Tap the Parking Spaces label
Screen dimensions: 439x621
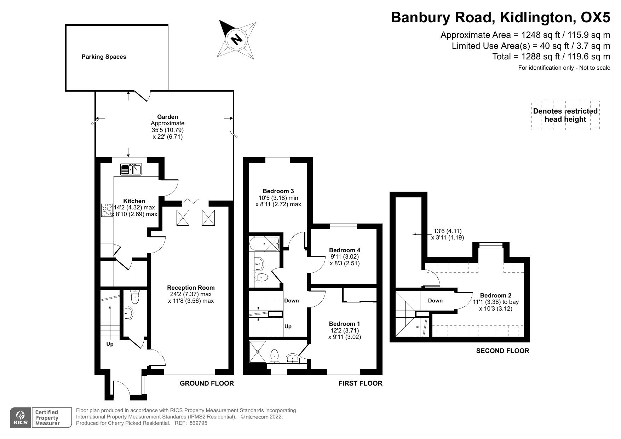tap(104, 57)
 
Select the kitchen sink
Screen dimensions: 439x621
tap(131, 169)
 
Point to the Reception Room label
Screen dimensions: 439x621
tap(191, 288)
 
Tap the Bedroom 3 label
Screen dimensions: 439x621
tap(278, 191)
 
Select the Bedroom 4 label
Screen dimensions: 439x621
tap(344, 250)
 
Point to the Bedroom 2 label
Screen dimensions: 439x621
tap(495, 295)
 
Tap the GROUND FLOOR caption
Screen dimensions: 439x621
tap(207, 383)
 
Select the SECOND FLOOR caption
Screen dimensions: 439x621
tap(502, 351)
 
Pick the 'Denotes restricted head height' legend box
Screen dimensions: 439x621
tap(565, 115)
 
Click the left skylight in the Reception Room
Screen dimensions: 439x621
tap(183, 218)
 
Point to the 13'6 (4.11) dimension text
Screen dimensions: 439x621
tap(447, 231)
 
